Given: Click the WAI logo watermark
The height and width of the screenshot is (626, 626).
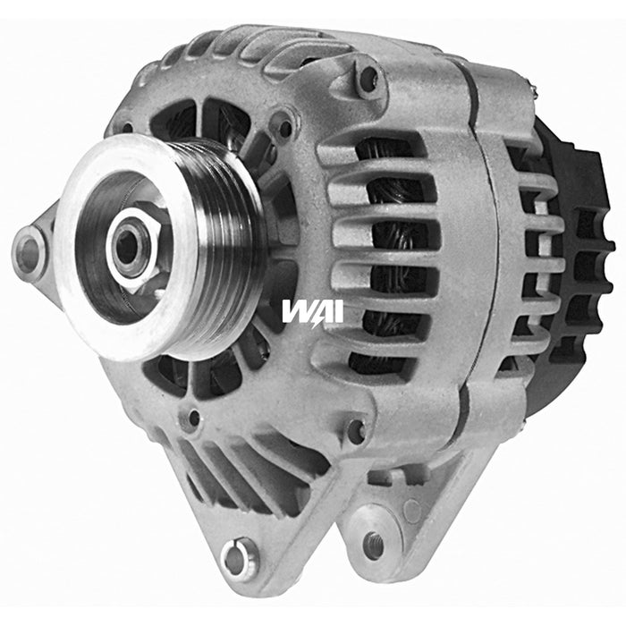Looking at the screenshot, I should click(312, 311).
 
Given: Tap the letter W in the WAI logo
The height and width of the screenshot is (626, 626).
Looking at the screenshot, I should click(295, 311).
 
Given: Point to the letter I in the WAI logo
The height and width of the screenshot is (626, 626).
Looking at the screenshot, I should click(336, 311).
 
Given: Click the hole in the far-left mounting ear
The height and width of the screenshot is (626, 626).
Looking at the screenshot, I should click(30, 250).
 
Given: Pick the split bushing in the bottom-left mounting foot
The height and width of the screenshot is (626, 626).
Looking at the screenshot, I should click(236, 558).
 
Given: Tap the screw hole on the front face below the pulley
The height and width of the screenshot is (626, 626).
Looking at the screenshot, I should click(190, 417).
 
